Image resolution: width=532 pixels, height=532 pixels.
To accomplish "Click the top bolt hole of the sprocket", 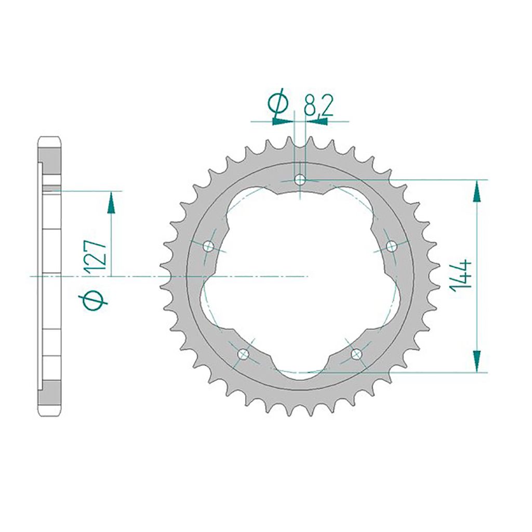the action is coord(300,179).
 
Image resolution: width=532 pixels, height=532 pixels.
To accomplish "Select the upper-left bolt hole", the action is coord(208,246).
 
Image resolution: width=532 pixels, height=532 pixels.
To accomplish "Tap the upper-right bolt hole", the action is coord(392,246).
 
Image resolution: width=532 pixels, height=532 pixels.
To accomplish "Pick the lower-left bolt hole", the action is coord(243,354).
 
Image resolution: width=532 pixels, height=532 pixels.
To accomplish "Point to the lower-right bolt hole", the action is coord(356,354).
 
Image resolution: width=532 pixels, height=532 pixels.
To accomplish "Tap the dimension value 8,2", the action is coord(318,105).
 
